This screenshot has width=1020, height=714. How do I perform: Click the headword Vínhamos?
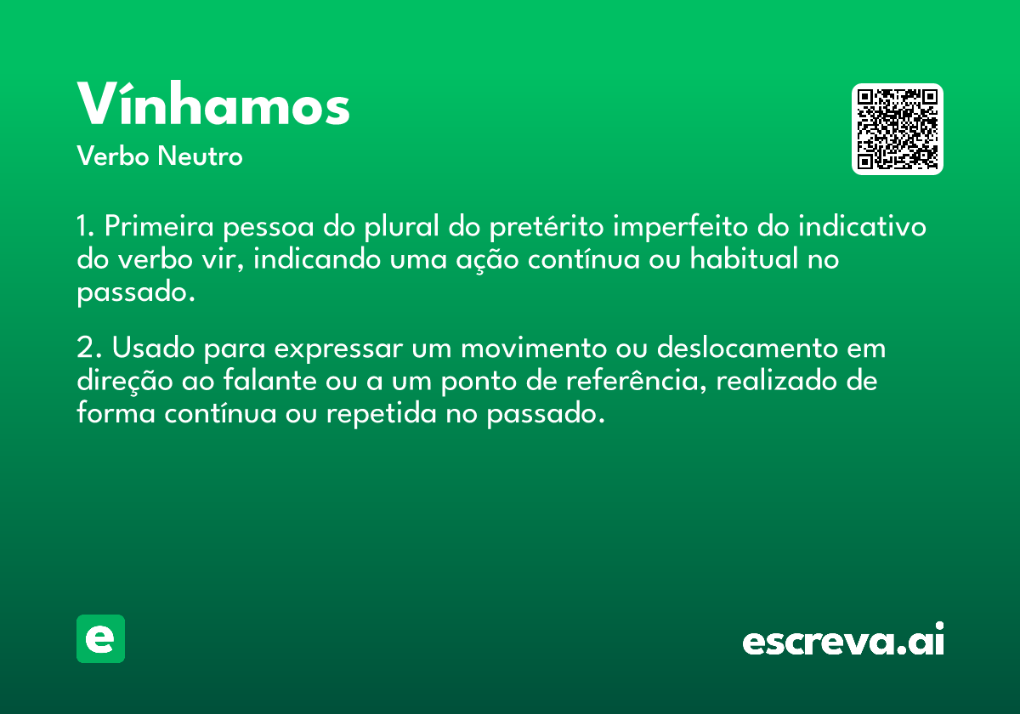click(x=213, y=104)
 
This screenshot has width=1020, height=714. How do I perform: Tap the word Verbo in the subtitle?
click(x=113, y=156)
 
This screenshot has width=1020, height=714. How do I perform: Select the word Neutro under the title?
click(x=200, y=156)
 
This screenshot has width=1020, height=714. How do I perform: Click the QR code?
click(x=897, y=129)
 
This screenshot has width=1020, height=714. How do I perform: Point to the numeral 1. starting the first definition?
click(x=85, y=226)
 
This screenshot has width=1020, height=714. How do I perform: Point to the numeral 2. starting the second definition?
click(x=88, y=348)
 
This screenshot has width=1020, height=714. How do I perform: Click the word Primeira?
click(x=159, y=226)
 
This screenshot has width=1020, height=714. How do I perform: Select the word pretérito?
click(x=547, y=227)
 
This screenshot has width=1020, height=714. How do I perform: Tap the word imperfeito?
click(x=680, y=227)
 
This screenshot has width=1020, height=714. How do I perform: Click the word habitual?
click(x=744, y=258)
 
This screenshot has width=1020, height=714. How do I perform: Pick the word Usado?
click(x=154, y=348)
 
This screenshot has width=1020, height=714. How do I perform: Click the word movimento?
click(x=534, y=348)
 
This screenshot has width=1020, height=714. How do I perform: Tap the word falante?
click(x=269, y=381)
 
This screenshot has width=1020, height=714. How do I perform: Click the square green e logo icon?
click(x=100, y=638)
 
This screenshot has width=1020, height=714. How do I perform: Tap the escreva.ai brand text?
click(x=843, y=639)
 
